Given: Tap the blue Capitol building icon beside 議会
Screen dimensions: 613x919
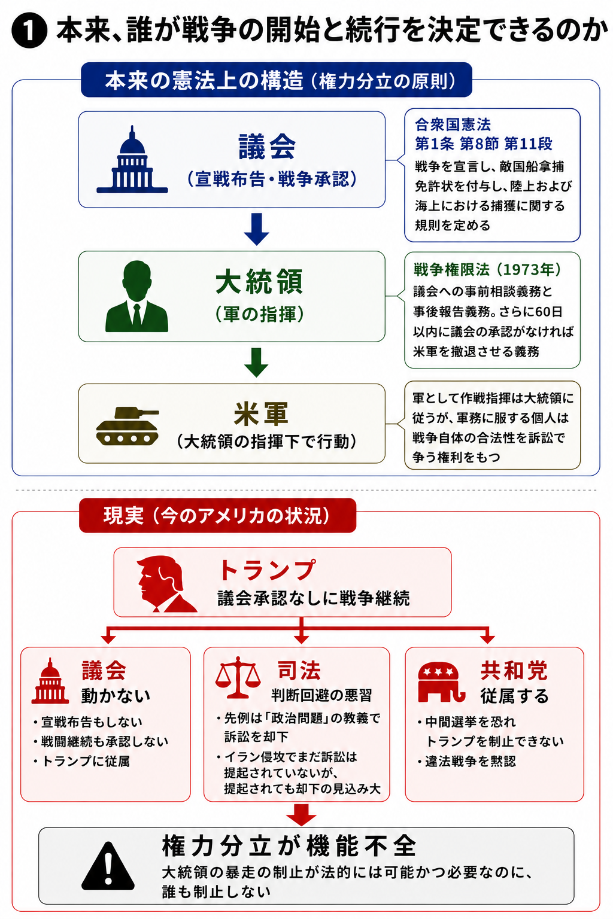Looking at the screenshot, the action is tap(132, 159).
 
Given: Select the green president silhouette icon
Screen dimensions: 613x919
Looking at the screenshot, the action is tap(136, 296).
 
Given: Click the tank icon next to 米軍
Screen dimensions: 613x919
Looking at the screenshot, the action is tap(128, 426).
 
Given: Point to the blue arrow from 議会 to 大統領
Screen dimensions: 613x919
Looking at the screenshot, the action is tap(257, 229).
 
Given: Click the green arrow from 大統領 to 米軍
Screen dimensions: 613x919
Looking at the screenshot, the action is tap(257, 362).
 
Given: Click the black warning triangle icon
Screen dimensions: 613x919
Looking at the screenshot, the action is tap(108, 866).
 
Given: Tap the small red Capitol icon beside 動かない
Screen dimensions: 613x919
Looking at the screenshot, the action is tap(50, 681).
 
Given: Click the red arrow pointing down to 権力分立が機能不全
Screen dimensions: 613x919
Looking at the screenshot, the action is tap(301, 815).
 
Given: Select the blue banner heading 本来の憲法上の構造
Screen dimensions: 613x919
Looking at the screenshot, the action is tap(277, 80).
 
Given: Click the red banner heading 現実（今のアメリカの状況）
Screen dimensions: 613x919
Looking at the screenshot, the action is tap(217, 515).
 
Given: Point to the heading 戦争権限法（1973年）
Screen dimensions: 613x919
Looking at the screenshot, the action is tap(487, 270).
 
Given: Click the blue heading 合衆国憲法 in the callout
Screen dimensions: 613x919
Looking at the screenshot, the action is tap(453, 124).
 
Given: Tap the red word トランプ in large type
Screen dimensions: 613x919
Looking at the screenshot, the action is tap(268, 570).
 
